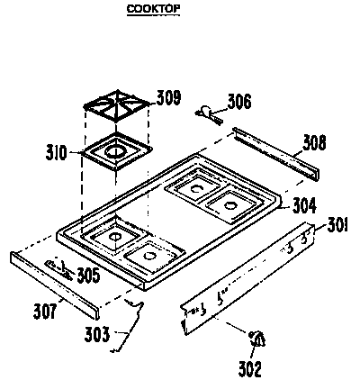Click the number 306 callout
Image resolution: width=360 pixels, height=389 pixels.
coord(238,102)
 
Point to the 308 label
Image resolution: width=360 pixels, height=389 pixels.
coord(314,142)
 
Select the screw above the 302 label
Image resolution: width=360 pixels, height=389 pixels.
coord(256,339)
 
